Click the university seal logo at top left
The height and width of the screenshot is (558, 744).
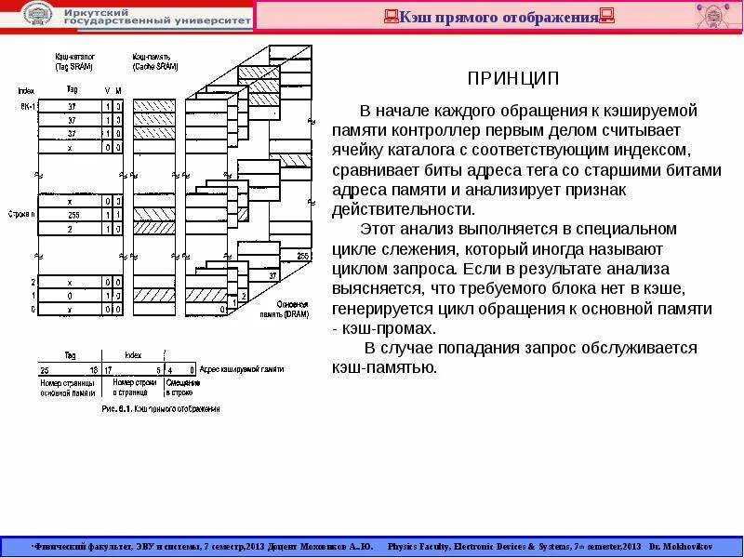(x=37, y=15)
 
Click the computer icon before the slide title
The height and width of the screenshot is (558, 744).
(x=392, y=17)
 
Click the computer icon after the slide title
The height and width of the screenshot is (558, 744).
(x=607, y=17)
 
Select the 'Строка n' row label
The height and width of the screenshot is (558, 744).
(x=21, y=213)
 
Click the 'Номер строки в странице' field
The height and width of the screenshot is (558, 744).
(x=136, y=387)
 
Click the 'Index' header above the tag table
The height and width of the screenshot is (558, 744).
(x=23, y=90)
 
